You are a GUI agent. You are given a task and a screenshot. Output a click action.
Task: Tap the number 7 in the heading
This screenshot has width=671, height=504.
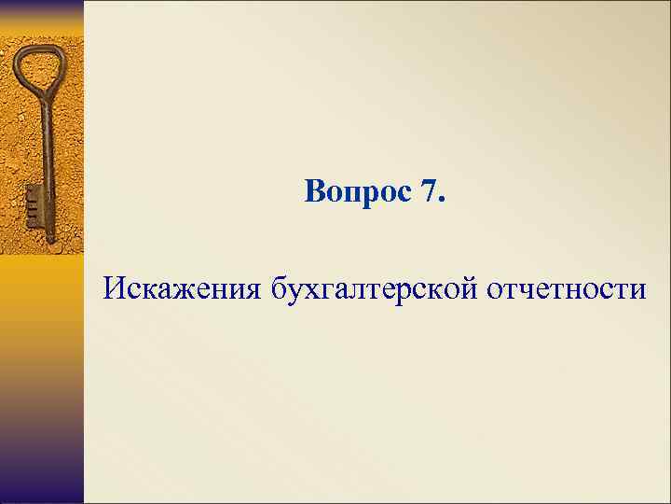coord(428,193)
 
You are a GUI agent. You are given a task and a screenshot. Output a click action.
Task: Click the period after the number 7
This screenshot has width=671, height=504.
coord(443,202)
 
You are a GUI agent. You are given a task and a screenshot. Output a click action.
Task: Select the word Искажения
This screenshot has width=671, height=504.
coord(184,288)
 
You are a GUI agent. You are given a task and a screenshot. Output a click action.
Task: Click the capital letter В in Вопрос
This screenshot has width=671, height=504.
coord(314,193)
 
